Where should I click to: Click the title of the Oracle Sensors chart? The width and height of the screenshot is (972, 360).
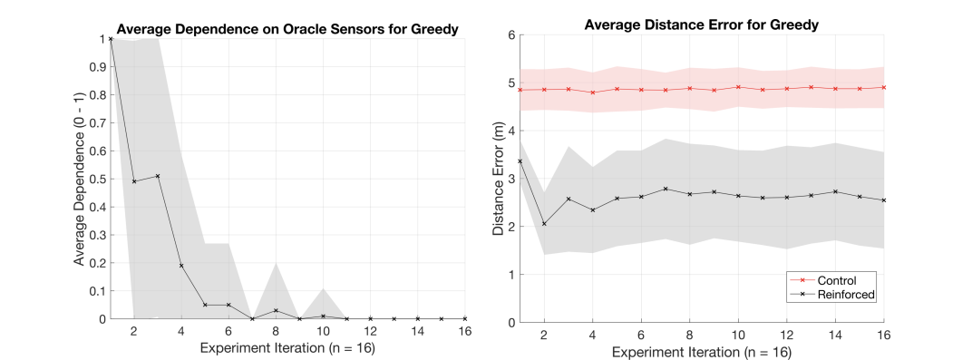(x=287, y=29)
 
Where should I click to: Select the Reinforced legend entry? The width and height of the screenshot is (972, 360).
(x=831, y=295)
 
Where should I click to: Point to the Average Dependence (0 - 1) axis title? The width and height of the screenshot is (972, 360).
(x=80, y=179)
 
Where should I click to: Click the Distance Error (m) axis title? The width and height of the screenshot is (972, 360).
(x=498, y=179)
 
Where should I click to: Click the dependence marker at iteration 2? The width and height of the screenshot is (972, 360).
(x=134, y=181)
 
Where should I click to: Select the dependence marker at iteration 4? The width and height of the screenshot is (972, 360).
(x=181, y=265)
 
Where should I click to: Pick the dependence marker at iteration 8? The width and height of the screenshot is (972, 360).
(x=276, y=310)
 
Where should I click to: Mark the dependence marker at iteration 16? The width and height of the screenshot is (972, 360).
(x=465, y=318)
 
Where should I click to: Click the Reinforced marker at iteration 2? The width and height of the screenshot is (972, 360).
(x=544, y=224)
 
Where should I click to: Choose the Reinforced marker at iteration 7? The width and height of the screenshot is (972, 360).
(x=666, y=189)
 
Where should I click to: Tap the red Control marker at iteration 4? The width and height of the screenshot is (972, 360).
(x=593, y=92)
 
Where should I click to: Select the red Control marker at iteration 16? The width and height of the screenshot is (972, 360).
(x=884, y=87)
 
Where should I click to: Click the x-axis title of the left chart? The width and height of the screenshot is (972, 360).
(x=287, y=348)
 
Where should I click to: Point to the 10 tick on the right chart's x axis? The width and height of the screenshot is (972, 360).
(x=738, y=334)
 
